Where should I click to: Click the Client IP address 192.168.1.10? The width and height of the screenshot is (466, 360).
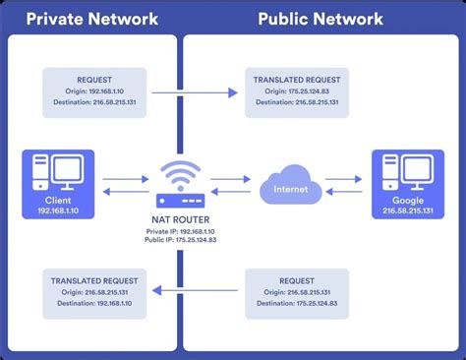pyautogui.click(x=56, y=210)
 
